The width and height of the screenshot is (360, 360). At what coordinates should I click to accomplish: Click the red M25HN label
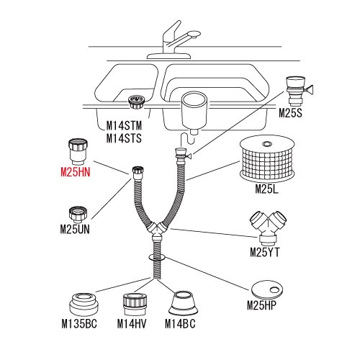click(76, 172)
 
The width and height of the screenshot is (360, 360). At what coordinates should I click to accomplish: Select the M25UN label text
click(75, 230)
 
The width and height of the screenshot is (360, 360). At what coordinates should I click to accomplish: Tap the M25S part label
click(290, 113)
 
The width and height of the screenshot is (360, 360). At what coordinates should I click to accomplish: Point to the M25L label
click(266, 189)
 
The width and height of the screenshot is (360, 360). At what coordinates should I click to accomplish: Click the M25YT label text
click(265, 252)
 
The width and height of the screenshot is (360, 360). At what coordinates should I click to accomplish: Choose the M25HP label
click(262, 305)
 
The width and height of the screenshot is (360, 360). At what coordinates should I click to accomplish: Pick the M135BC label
click(79, 324)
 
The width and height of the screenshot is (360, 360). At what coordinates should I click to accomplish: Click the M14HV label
click(132, 324)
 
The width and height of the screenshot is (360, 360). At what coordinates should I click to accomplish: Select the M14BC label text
click(180, 324)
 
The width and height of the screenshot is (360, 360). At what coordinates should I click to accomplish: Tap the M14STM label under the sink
click(124, 125)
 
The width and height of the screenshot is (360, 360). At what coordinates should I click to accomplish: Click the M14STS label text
click(124, 138)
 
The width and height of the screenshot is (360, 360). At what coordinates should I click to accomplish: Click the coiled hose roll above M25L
click(267, 160)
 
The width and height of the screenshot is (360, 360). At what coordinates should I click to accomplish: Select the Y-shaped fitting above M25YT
click(269, 227)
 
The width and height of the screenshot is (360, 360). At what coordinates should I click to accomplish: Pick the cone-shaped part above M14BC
click(184, 303)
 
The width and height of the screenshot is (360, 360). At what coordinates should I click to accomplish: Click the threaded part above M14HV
click(135, 304)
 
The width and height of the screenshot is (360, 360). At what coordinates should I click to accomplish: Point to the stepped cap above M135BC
click(84, 305)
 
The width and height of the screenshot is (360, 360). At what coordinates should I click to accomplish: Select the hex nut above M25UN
click(78, 214)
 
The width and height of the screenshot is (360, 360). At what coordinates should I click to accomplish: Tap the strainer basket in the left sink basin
click(136, 102)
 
